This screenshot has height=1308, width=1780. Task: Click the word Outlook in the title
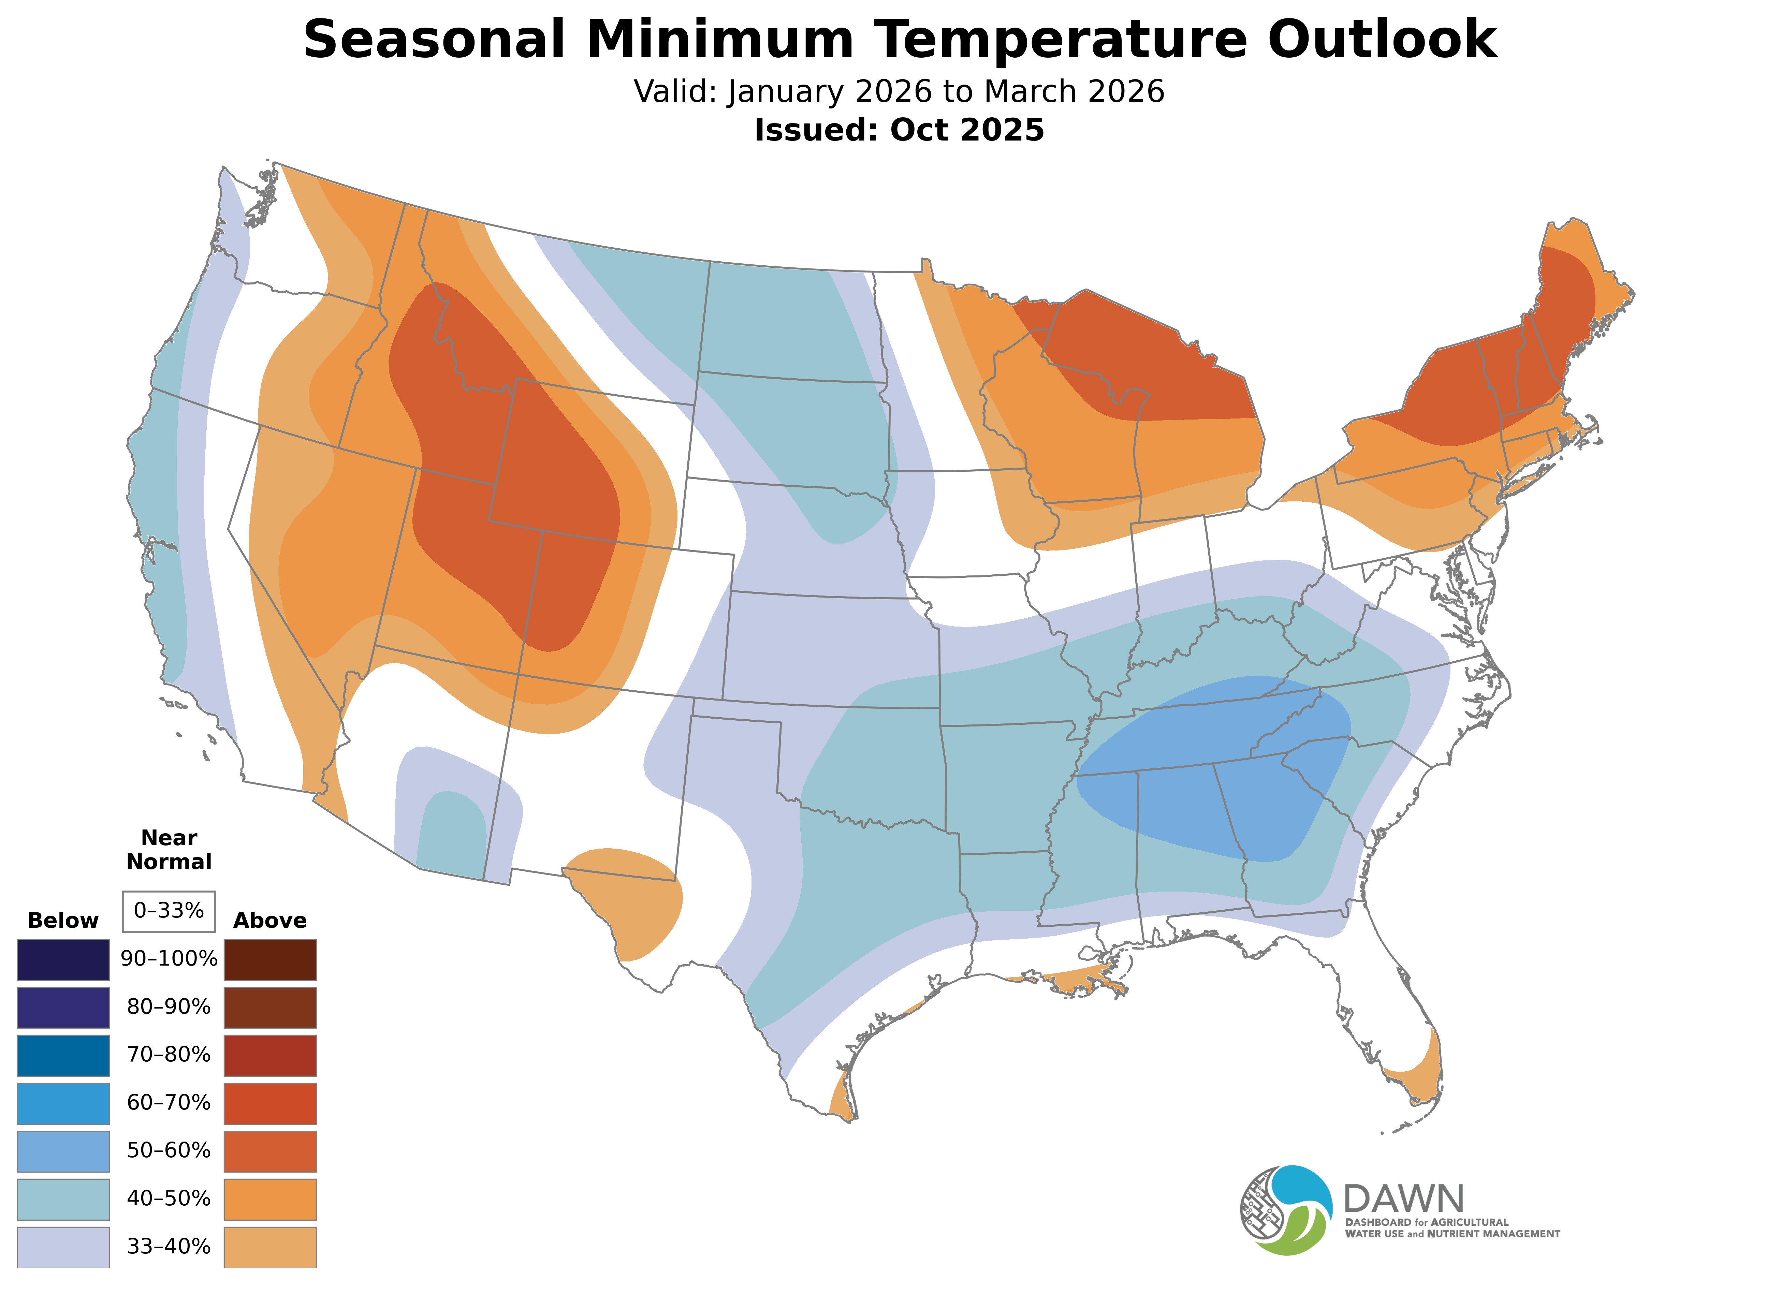[x=1382, y=40]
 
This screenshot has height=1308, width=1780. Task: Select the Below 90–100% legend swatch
[x=63, y=960]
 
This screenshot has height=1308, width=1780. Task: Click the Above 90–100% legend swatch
[x=270, y=960]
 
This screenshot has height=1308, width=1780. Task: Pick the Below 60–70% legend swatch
[x=63, y=1103]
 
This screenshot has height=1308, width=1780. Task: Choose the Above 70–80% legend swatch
[x=270, y=1055]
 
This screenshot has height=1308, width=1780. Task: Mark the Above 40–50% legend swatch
[x=270, y=1199]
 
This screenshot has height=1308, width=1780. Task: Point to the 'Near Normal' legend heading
[x=169, y=850]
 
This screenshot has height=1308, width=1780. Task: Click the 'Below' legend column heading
[x=63, y=921]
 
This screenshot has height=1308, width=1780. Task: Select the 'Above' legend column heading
[x=270, y=921]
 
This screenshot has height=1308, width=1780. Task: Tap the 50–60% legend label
[x=169, y=1150]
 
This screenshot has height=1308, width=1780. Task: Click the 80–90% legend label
[x=169, y=1007]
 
